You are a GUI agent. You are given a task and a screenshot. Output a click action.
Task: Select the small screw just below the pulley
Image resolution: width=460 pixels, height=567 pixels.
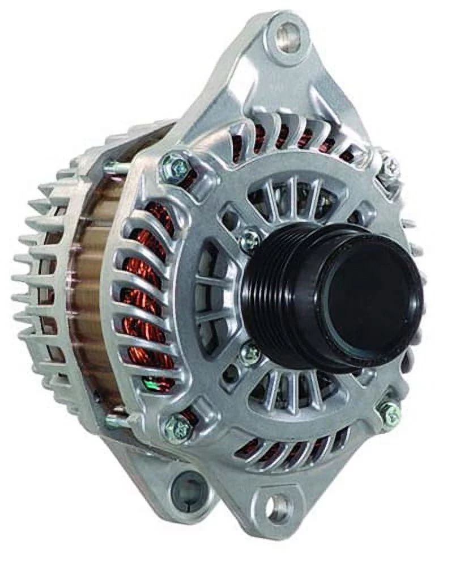[249, 354]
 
